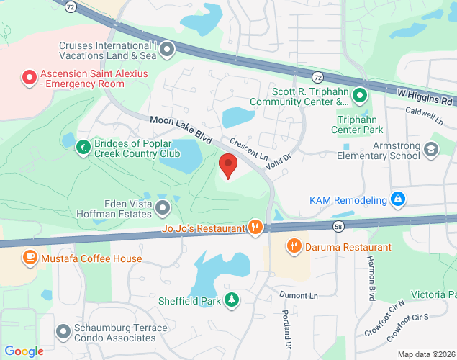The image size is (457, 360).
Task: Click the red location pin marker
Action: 229,166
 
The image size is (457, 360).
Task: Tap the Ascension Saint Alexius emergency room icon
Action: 29,76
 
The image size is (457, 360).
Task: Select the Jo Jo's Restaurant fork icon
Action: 255,228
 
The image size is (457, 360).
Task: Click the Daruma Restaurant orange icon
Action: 294,247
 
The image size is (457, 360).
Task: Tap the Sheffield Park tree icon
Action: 231,300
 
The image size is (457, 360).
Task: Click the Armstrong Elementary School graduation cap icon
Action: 431,149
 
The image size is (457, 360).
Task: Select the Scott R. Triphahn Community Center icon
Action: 361,95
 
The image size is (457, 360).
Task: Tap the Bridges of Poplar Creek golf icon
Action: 83,148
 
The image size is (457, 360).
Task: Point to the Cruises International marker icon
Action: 168,50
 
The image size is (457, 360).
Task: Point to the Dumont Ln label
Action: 299,296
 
